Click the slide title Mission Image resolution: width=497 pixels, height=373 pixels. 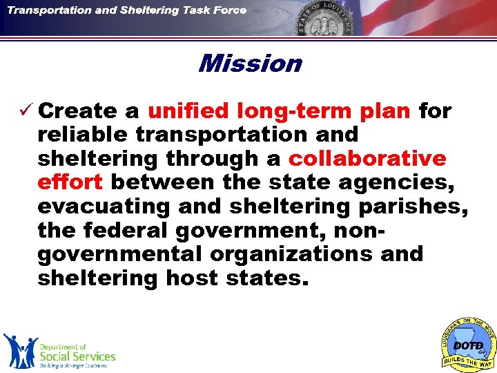[x=249, y=64]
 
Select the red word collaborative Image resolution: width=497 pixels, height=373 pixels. [x=367, y=159]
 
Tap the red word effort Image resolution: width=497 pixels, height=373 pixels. [x=70, y=182]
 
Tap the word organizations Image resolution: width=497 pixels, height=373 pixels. [x=291, y=255]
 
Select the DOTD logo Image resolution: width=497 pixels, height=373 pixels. [x=468, y=343]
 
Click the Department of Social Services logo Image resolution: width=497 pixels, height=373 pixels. [x=59, y=352]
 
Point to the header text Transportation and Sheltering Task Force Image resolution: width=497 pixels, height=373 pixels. [x=127, y=10]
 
